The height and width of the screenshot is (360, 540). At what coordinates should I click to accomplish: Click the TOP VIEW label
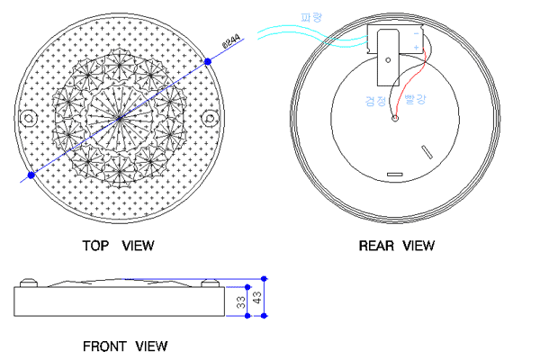tap(118, 245)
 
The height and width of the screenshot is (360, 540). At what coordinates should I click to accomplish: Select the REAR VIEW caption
tap(396, 245)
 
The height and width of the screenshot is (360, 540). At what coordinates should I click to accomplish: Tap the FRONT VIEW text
tap(124, 346)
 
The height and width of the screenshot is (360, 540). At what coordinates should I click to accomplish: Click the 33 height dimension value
tap(241, 303)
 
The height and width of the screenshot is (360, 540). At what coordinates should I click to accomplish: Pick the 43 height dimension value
tap(257, 298)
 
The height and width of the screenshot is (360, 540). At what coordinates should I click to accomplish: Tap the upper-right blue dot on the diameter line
tap(208, 60)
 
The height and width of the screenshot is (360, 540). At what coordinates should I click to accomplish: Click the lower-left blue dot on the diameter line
tap(31, 175)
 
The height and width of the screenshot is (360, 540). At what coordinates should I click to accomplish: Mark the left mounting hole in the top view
tap(28, 118)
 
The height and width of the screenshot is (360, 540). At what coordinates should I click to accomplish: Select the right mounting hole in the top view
tap(210, 118)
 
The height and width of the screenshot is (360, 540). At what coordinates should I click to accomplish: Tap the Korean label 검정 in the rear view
tap(376, 101)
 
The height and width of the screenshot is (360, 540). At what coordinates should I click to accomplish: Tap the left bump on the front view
tap(30, 283)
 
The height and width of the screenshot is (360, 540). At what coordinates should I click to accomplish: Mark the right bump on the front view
tap(211, 283)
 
